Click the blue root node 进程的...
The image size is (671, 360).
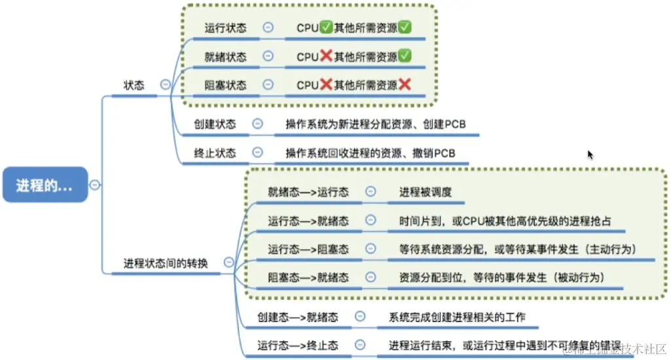[44, 185]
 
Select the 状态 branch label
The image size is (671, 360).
[134, 85]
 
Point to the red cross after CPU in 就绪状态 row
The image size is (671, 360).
[325, 57]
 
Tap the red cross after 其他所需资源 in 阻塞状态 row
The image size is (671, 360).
[405, 85]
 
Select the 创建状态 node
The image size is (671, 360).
[215, 124]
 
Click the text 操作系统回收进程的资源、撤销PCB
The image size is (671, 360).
[370, 153]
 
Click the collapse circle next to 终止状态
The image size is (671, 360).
[257, 153]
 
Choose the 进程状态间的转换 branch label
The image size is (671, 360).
[166, 263]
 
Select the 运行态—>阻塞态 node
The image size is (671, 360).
[308, 249]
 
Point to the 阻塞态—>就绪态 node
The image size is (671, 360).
[308, 278]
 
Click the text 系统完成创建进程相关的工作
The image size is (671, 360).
[457, 317]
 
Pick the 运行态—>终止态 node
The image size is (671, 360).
[297, 345]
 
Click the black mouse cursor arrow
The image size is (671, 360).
[590, 154]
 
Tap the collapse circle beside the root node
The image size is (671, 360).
[95, 185]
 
